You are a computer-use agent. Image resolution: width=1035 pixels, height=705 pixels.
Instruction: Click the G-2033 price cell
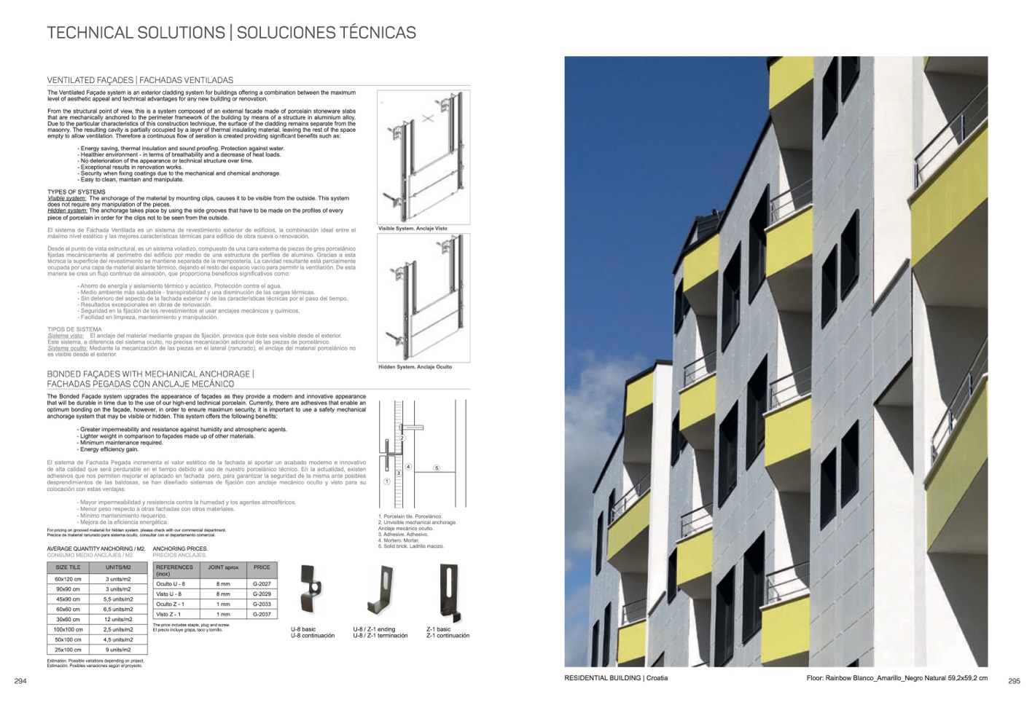click(x=262, y=604)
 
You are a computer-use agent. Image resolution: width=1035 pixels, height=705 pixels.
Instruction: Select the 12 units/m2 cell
click(x=118, y=619)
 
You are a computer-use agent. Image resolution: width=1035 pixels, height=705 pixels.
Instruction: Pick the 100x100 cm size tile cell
click(x=68, y=629)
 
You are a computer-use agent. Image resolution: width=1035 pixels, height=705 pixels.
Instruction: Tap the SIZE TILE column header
click(x=68, y=567)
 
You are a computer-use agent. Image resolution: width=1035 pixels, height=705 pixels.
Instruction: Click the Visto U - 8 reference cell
click(x=170, y=594)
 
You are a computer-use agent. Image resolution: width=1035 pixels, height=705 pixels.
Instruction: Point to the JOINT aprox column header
click(x=223, y=567)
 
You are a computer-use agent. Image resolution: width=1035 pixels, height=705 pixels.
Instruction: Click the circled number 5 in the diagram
click(x=437, y=468)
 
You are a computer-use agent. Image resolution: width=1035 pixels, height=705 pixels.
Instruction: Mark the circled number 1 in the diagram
click(x=387, y=481)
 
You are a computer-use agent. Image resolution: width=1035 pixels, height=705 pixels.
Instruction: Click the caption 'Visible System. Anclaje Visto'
click(x=413, y=229)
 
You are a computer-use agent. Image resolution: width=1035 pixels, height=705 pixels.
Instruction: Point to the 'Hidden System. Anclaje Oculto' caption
click(x=415, y=367)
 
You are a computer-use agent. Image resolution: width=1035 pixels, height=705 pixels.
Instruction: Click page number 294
click(x=20, y=681)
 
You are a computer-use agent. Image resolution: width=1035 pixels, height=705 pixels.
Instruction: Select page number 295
click(x=1014, y=682)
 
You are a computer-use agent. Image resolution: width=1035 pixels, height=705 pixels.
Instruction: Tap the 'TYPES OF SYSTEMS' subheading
click(x=77, y=192)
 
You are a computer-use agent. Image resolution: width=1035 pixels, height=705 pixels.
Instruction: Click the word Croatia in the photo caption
click(x=657, y=678)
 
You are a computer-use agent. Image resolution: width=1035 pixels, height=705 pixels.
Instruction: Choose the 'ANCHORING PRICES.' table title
click(x=180, y=548)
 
